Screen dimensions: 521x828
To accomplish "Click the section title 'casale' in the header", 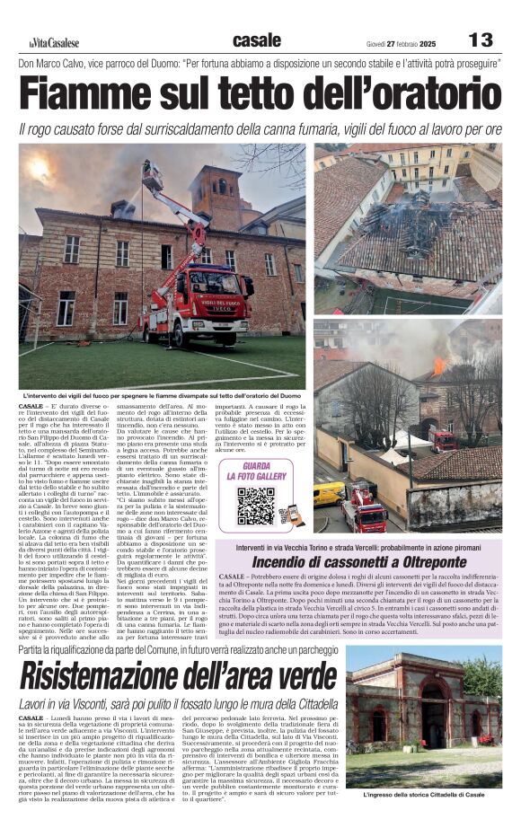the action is tap(256, 40).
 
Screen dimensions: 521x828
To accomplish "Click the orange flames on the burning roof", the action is tap(439, 366).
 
